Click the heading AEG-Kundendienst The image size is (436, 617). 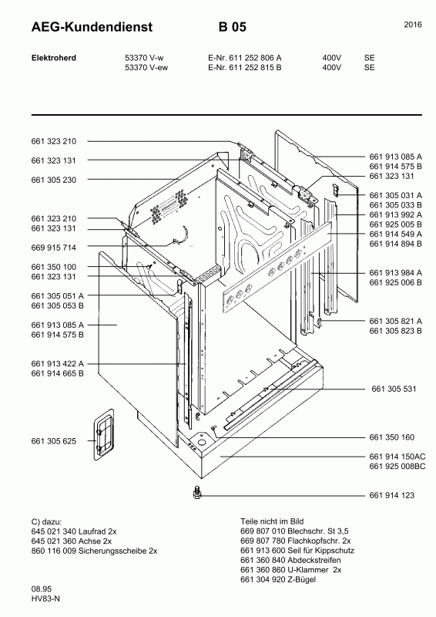[x=92, y=27]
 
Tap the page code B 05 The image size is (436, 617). [x=233, y=27]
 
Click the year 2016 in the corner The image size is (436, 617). [x=413, y=25]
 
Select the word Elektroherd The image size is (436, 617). [x=53, y=58]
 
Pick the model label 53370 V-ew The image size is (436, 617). [x=146, y=67]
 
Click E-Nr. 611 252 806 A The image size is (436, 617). [x=244, y=58]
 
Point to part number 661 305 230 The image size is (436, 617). [x=53, y=180]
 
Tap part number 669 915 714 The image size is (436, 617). [x=53, y=248]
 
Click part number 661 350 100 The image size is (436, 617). [x=53, y=267]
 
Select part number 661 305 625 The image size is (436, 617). [x=53, y=441]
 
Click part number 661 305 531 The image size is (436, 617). [x=394, y=389]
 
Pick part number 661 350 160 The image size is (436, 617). [x=391, y=437]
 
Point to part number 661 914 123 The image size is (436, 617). [x=391, y=495]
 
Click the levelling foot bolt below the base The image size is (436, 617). [x=197, y=493]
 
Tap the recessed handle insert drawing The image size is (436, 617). [x=104, y=434]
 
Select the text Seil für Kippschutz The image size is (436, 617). [x=320, y=551]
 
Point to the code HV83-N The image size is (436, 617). [x=45, y=599]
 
